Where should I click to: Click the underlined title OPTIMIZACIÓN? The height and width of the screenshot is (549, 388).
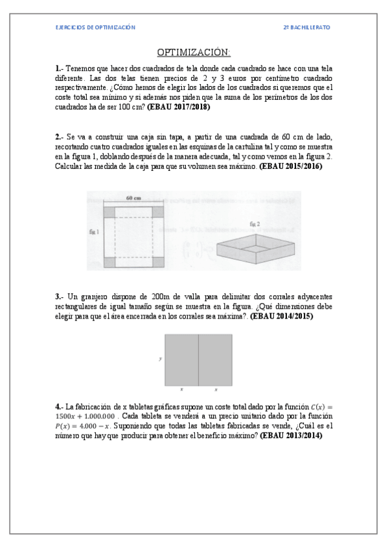pos(194,52)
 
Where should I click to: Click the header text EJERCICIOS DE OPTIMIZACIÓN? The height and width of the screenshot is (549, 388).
pos(95,27)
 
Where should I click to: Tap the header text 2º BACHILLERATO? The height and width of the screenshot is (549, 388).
pos(307,27)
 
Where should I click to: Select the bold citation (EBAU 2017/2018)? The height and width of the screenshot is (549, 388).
pos(179,107)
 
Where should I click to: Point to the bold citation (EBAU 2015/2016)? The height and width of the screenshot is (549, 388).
pos(290,166)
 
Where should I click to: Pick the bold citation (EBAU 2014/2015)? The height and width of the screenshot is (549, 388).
pos(282,317)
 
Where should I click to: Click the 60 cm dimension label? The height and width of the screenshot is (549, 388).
pos(133,198)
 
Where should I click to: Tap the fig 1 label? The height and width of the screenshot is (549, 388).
pos(94,230)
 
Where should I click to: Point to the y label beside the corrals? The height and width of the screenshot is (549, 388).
pos(159,358)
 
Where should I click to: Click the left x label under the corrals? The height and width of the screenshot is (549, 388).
pos(181,390)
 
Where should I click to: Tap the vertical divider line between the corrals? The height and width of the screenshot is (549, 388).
pos(198,359)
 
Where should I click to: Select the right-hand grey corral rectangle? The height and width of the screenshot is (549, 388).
pos(214,359)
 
